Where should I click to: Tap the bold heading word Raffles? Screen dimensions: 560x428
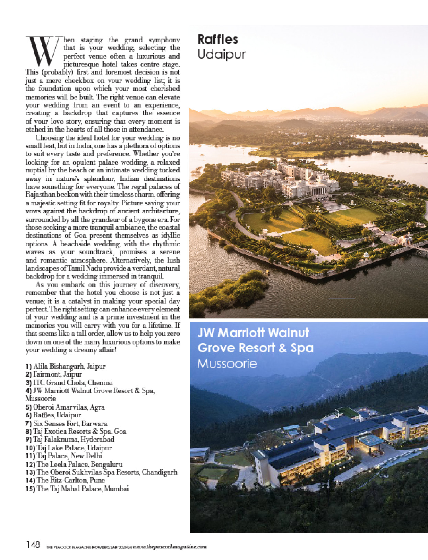pos(217,40)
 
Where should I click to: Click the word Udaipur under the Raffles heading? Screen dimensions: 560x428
pos(221,55)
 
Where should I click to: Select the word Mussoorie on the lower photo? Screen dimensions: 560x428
pos(227,364)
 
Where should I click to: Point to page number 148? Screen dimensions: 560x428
pos(33,545)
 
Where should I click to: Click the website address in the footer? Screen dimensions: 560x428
pos(170,547)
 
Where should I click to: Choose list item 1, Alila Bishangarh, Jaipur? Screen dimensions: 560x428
pos(65,366)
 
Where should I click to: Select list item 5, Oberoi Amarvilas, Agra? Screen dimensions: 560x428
pos(65,407)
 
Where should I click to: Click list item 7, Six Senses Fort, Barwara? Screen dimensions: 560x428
pos(66,424)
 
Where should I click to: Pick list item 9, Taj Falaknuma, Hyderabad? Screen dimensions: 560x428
pos(70,439)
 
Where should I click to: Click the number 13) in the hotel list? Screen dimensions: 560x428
pos(30,472)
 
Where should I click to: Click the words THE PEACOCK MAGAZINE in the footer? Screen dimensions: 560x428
pos(68,547)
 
